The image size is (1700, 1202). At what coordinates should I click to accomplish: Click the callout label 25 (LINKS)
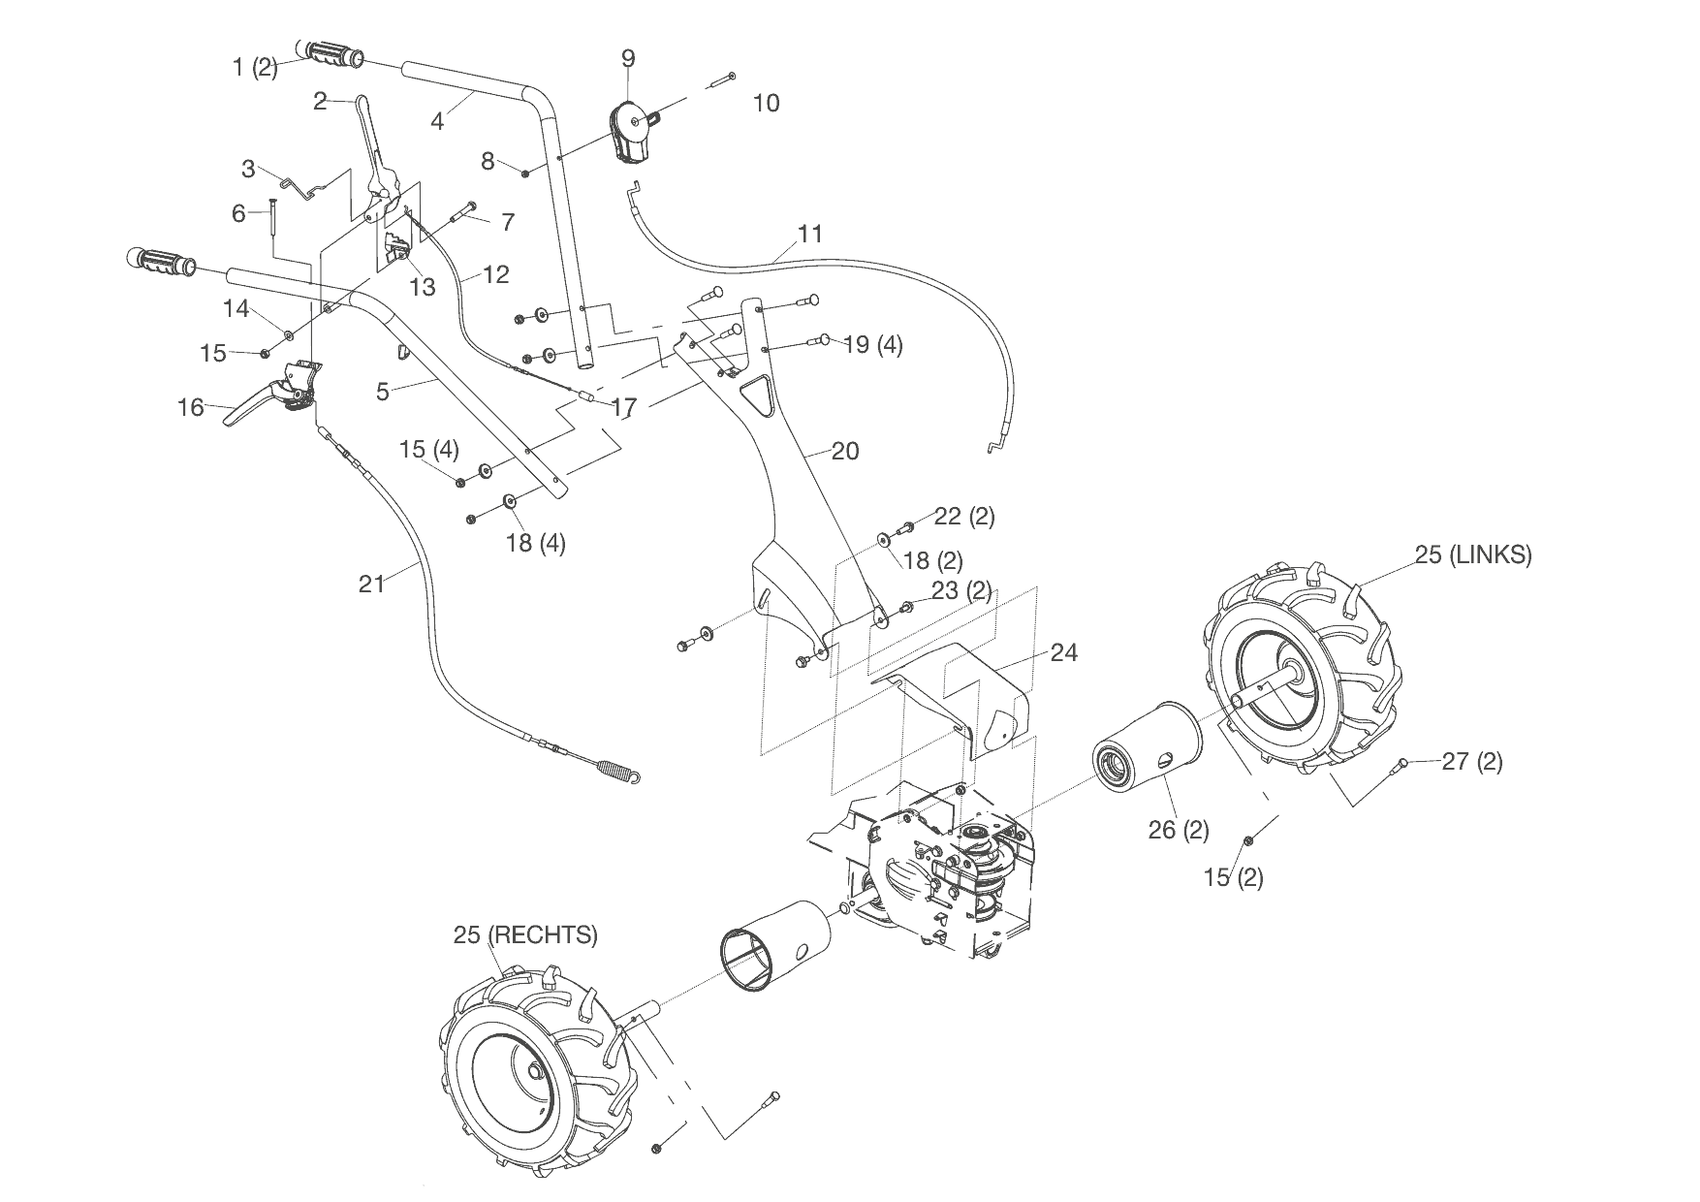pyautogui.click(x=1472, y=555)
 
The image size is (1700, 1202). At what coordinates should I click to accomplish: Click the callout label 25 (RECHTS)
pyautogui.click(x=525, y=935)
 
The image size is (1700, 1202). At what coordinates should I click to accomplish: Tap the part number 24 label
pyautogui.click(x=1063, y=653)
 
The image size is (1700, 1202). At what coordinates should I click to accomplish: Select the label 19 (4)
pyautogui.click(x=872, y=344)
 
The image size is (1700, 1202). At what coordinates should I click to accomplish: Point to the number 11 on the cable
pyautogui.click(x=810, y=234)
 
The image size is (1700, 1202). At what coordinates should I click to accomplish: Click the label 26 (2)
pyautogui.click(x=1178, y=830)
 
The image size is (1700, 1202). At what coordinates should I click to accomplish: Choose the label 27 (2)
pyautogui.click(x=1471, y=762)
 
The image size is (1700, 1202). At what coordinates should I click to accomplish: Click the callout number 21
pyautogui.click(x=371, y=584)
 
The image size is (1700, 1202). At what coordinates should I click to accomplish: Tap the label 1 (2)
pyautogui.click(x=255, y=68)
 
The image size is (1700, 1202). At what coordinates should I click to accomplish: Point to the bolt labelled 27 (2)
pyautogui.click(x=1401, y=766)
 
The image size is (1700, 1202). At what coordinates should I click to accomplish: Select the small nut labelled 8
pyautogui.click(x=524, y=174)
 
